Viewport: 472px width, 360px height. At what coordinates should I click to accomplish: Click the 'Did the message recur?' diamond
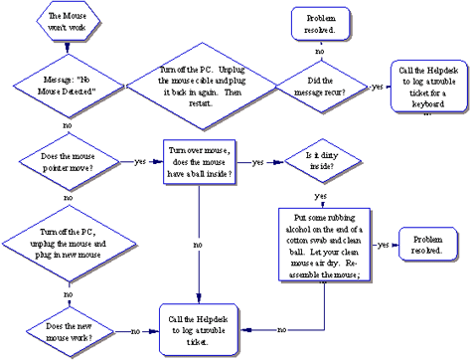[x=319, y=88]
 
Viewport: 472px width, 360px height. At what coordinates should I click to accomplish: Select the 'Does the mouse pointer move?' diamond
[x=68, y=161]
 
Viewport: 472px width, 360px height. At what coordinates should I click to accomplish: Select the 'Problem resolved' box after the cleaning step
[x=428, y=244]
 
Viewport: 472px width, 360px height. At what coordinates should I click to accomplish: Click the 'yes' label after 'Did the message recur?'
[x=377, y=88]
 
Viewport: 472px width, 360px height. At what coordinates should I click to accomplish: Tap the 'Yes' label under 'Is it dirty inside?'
[x=321, y=196]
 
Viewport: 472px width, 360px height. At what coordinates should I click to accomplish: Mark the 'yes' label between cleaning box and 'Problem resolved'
[x=383, y=244]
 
